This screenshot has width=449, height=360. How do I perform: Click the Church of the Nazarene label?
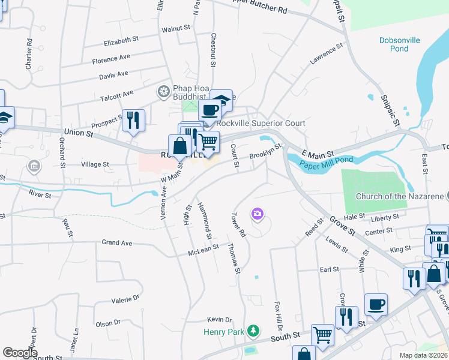[399, 196]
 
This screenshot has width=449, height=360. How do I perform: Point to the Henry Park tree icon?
[254, 331]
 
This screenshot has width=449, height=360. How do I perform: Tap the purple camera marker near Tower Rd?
[258, 214]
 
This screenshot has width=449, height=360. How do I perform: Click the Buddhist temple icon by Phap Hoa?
[163, 92]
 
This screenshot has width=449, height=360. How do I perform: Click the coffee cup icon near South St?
[376, 304]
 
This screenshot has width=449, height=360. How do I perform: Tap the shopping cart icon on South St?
[323, 334]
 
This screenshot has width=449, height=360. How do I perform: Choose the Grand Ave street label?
[116, 243]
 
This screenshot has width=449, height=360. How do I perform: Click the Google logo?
[19, 353]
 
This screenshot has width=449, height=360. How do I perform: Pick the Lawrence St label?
[325, 53]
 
